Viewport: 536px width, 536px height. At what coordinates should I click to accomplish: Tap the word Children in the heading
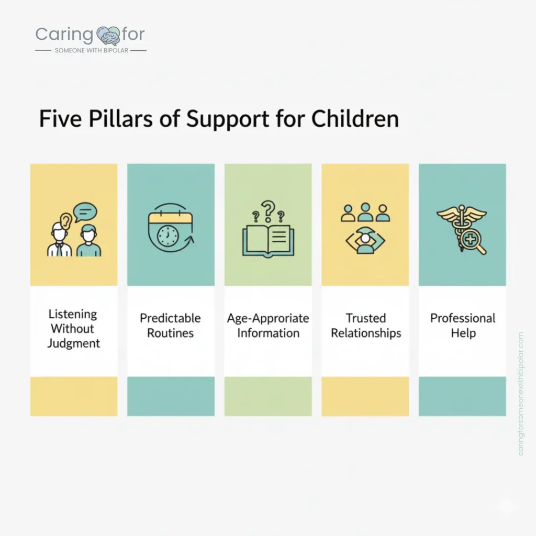[x=355, y=119]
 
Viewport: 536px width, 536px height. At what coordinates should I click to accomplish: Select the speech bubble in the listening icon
[x=85, y=212]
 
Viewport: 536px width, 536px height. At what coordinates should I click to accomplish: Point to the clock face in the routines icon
[x=167, y=237]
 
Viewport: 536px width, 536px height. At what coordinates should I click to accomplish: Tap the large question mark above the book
[x=268, y=209]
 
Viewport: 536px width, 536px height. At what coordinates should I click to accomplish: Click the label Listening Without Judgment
[x=73, y=329]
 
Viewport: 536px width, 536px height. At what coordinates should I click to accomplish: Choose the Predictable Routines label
[x=171, y=326]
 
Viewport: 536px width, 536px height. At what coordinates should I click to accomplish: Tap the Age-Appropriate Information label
[x=268, y=326]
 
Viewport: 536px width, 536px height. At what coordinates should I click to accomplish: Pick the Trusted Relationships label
[x=365, y=326]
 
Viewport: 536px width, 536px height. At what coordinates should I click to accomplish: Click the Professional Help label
[x=463, y=326]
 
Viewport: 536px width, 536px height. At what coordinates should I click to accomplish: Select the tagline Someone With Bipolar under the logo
[x=91, y=51]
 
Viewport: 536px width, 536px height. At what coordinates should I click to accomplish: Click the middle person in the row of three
[x=365, y=212]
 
